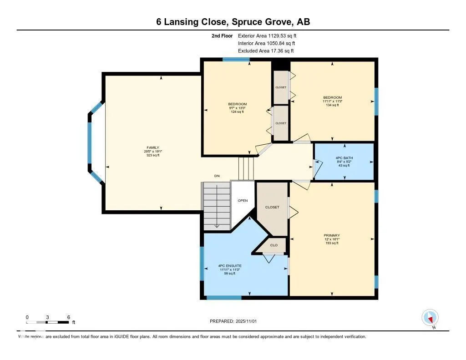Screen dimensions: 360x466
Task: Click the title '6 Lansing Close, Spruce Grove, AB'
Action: [233, 22]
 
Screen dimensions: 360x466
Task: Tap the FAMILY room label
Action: [152, 147]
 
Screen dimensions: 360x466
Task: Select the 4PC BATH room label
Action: [344, 158]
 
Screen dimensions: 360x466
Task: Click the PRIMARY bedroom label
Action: [332, 235]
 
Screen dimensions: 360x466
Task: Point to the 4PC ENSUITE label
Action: [229, 265]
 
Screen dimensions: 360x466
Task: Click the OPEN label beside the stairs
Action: [243, 200]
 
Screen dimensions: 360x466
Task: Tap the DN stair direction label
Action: [217, 176]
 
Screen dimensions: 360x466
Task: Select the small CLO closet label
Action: [274, 245]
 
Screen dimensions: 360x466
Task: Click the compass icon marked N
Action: [430, 317]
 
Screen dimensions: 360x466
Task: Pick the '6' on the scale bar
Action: [68, 317]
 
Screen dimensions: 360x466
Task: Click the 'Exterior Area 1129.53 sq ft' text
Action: [267, 35]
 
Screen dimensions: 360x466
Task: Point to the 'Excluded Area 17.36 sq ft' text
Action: [266, 51]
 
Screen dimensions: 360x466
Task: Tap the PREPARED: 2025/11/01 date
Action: [233, 321]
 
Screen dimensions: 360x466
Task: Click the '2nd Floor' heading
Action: [222, 35]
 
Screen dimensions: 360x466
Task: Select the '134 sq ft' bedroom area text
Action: [332, 105]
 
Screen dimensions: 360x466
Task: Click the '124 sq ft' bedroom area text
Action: [237, 112]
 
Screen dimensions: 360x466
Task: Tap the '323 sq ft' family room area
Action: [152, 155]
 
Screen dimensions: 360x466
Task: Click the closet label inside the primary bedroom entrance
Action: [272, 207]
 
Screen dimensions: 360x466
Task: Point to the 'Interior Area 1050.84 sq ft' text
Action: [267, 43]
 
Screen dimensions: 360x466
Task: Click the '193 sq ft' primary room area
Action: [332, 243]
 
